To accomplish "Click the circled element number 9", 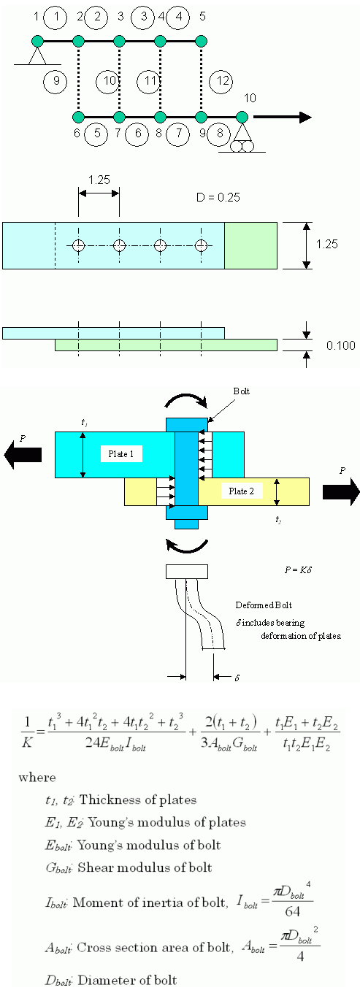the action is [55, 81].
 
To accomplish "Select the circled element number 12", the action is [221, 81].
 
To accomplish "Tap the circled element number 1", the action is [55, 18].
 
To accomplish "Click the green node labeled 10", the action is [242, 117].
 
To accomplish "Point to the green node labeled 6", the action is [78, 117].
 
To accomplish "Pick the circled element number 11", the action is [150, 81].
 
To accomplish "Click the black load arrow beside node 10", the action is [283, 117].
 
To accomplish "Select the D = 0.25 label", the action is [218, 197].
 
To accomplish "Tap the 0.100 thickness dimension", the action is [340, 345].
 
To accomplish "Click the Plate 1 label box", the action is [121, 454].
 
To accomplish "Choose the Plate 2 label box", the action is [241, 491].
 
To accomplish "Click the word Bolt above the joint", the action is [242, 391].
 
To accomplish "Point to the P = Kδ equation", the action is [298, 570].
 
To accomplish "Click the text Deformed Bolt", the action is [264, 605].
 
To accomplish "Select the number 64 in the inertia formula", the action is [293, 911].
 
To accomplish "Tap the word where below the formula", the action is [37, 778].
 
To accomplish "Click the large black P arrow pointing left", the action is [23, 455].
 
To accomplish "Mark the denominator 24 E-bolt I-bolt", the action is [115, 743].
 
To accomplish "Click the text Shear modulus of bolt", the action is [145, 867].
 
